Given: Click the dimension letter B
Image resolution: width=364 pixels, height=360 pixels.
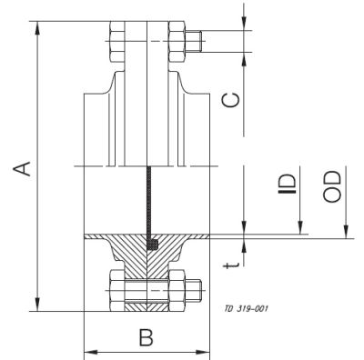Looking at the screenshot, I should (146, 337).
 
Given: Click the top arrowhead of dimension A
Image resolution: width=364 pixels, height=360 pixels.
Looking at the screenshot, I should (37, 25).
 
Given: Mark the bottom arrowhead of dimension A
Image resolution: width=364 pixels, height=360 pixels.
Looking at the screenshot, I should (37, 308).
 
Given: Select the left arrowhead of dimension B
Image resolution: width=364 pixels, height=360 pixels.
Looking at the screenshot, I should (87, 353).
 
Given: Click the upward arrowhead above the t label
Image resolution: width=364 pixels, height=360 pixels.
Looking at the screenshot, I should (246, 242).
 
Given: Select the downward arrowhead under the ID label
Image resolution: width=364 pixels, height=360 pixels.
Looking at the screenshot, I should (246, 228).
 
